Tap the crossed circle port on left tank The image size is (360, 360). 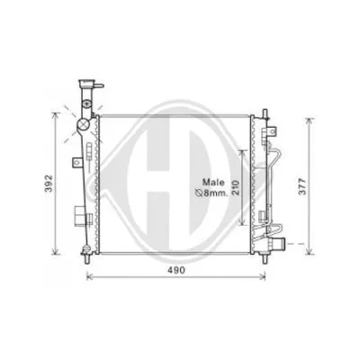[x=83, y=123]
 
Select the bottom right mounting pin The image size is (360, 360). [x=265, y=258]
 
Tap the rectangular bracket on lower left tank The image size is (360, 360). [x=79, y=218]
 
